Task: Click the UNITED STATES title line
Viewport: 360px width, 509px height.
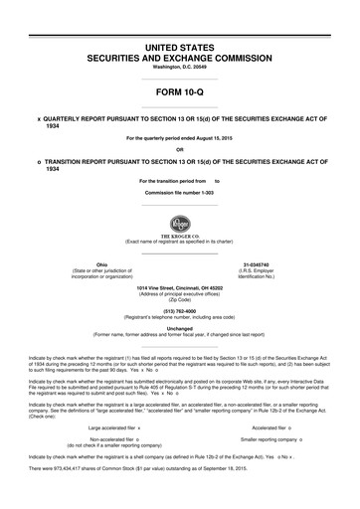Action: coord(180,47)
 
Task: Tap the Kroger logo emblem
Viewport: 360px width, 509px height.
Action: coord(180,222)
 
